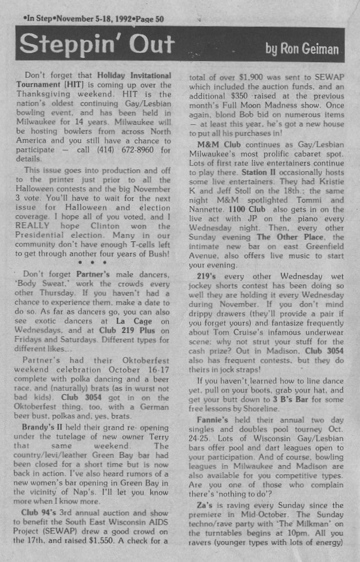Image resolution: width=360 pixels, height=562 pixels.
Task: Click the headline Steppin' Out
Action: click(x=97, y=45)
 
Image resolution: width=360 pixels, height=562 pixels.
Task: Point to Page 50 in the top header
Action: click(x=148, y=19)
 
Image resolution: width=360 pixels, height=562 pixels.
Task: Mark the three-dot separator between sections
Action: click(x=93, y=263)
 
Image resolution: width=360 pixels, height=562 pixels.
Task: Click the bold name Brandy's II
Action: click(x=40, y=427)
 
